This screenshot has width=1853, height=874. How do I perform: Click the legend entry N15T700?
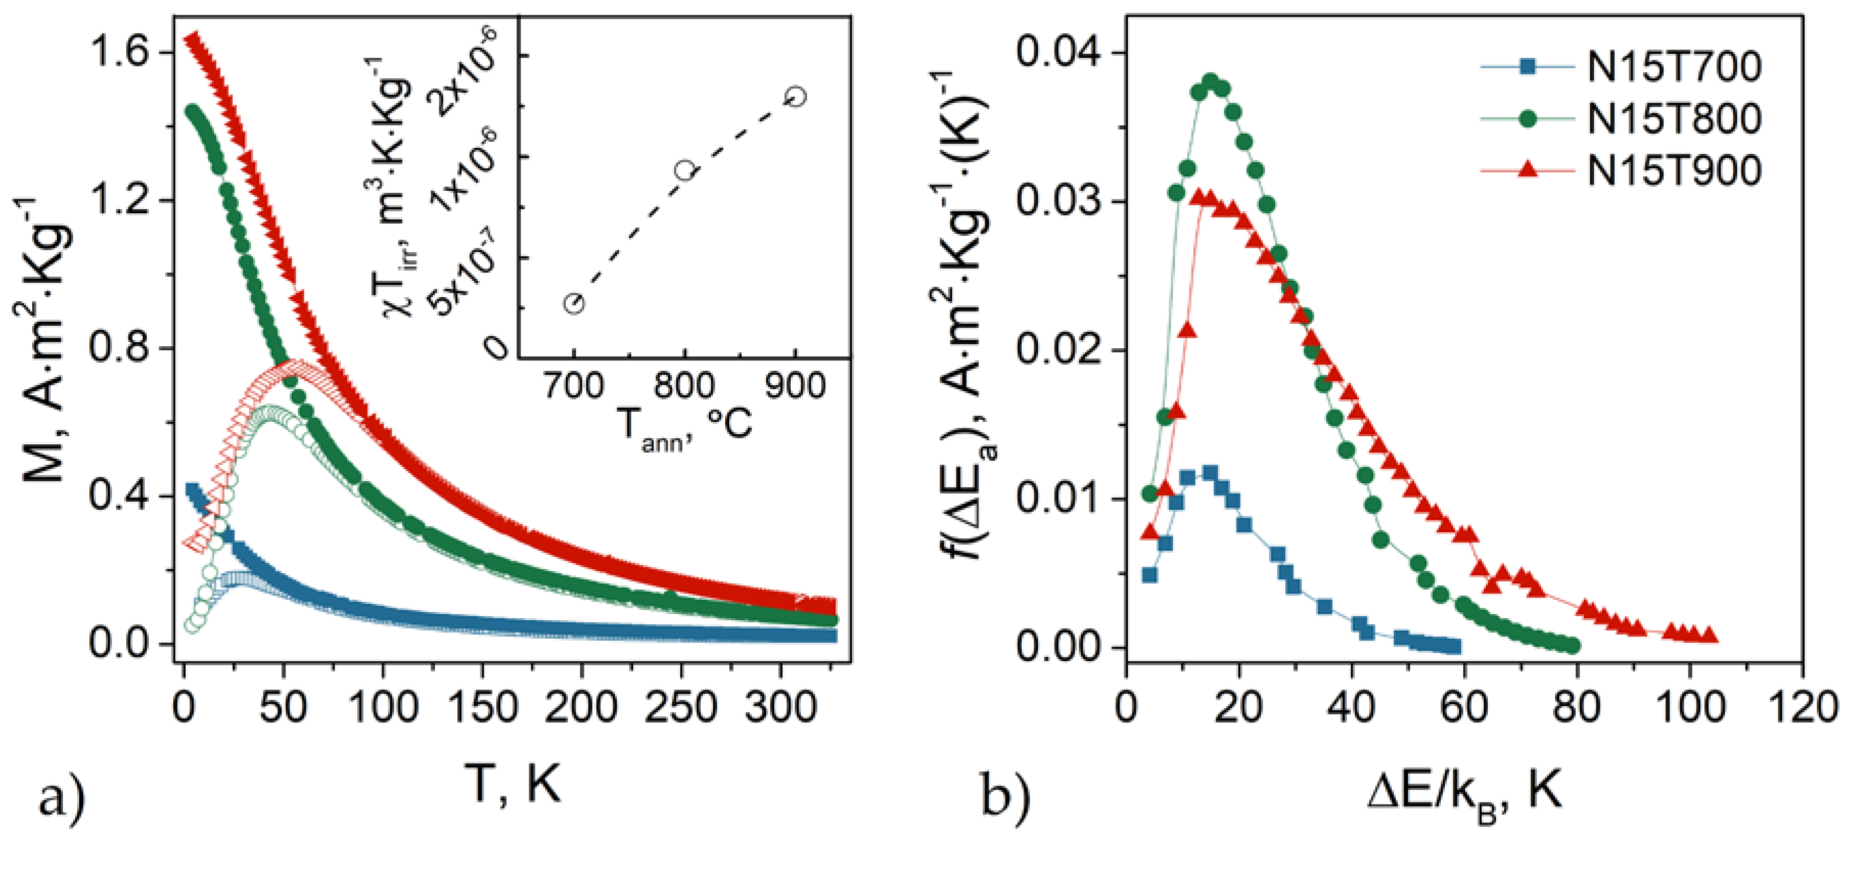1674,67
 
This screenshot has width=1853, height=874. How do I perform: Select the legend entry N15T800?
1674,119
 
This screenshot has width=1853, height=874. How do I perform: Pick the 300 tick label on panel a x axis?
780,707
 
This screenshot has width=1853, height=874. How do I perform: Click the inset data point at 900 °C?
796,96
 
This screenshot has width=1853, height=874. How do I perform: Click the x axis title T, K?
512,784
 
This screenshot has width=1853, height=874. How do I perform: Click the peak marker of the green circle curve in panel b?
1211,81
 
